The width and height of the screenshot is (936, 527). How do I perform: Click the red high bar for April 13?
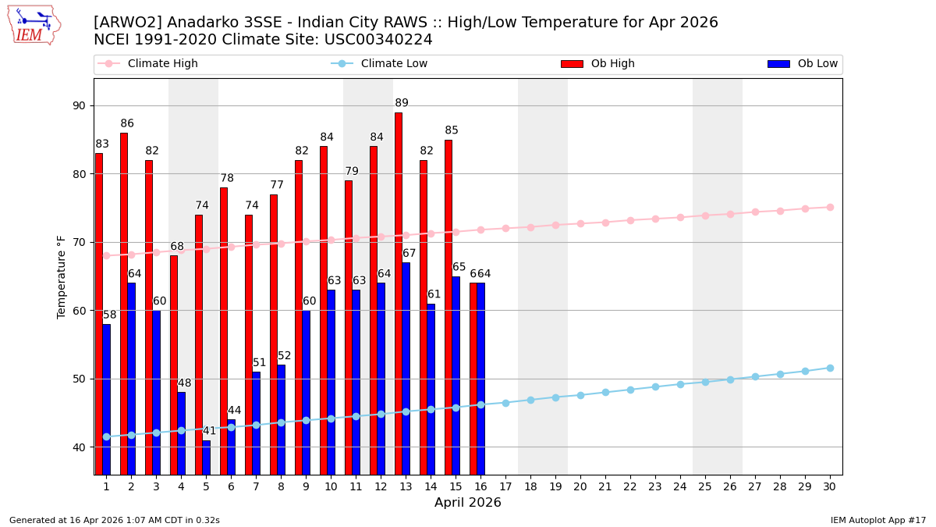(x=399, y=293)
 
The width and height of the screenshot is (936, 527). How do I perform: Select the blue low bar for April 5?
(x=207, y=458)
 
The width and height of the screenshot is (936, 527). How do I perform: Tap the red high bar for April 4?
(x=174, y=365)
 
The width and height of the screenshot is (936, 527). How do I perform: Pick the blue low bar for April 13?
(x=406, y=369)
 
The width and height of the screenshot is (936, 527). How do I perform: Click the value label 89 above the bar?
(x=402, y=103)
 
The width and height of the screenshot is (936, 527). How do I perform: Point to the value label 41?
(x=209, y=431)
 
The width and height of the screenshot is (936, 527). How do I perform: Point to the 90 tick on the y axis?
(x=79, y=105)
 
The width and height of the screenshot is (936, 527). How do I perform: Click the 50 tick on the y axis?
(x=79, y=379)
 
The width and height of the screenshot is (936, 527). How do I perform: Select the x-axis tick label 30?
(x=830, y=486)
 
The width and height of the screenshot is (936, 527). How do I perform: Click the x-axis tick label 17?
(x=505, y=486)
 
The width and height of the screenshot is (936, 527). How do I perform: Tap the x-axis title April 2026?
(x=468, y=503)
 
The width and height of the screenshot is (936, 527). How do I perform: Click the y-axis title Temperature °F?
(x=62, y=276)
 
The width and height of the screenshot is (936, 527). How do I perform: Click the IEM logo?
(x=34, y=25)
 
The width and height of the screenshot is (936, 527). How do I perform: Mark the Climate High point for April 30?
(x=830, y=207)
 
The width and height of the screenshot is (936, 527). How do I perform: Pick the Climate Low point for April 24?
(x=680, y=384)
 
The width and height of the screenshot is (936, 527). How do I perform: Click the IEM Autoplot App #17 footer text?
(x=877, y=520)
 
